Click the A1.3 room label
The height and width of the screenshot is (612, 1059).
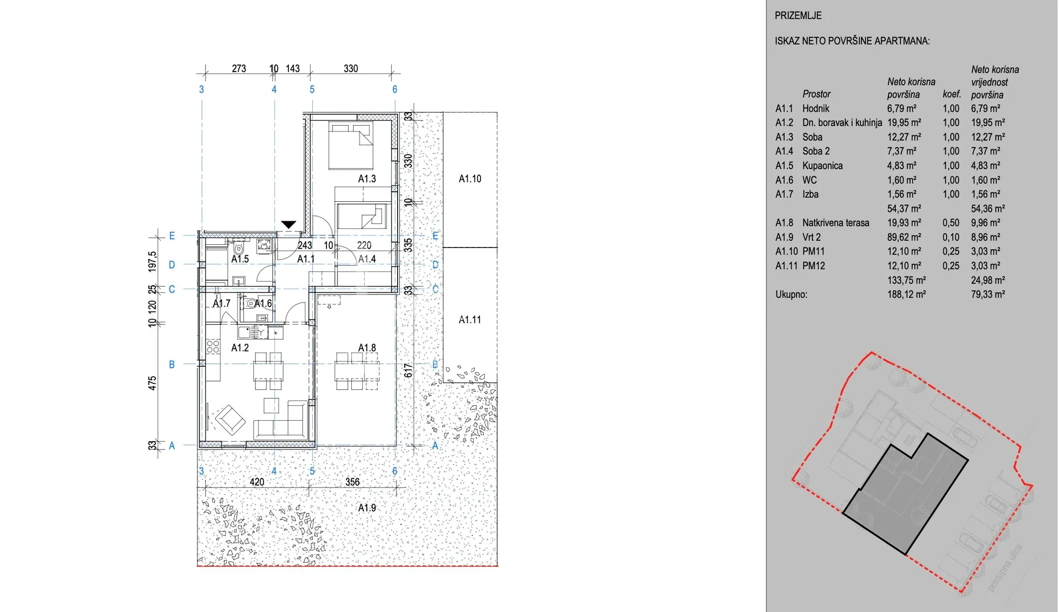coord(367,179)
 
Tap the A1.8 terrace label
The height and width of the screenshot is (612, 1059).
coord(367,348)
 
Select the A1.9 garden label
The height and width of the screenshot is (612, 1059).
coord(367,507)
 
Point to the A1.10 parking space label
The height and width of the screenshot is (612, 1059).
coord(470,179)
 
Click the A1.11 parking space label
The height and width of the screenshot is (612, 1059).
coord(470,320)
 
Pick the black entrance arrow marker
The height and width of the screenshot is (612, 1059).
coord(288,224)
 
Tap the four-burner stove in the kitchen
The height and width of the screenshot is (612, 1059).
coord(213,347)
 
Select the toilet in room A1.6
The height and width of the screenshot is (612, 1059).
coord(250,303)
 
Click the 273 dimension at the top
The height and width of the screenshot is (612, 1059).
coord(239,69)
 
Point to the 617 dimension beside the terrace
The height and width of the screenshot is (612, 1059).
coord(408,370)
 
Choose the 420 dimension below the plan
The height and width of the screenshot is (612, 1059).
coord(257,482)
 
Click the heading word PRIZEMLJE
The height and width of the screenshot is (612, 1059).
coord(798,15)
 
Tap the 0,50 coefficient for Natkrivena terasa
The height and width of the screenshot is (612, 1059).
coord(951,223)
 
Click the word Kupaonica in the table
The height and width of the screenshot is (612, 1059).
coord(822,166)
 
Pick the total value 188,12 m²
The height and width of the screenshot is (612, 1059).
coord(906,294)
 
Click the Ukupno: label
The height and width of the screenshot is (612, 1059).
coord(791,294)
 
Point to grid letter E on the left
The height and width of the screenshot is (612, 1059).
coord(172,236)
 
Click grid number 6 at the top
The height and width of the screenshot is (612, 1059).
coord(395,89)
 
